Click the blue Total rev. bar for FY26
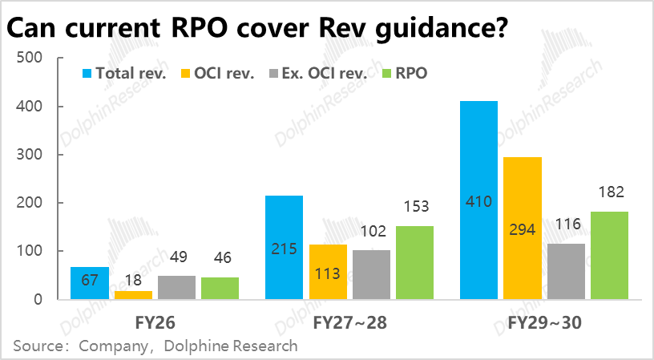(90, 283)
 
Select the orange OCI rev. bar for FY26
(133, 295)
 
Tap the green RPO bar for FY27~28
(414, 262)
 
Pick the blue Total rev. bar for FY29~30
(478, 200)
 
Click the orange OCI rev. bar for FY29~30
(523, 228)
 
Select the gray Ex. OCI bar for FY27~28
(371, 274)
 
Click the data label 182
(610, 192)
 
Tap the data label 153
(414, 207)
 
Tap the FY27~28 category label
(349, 323)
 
